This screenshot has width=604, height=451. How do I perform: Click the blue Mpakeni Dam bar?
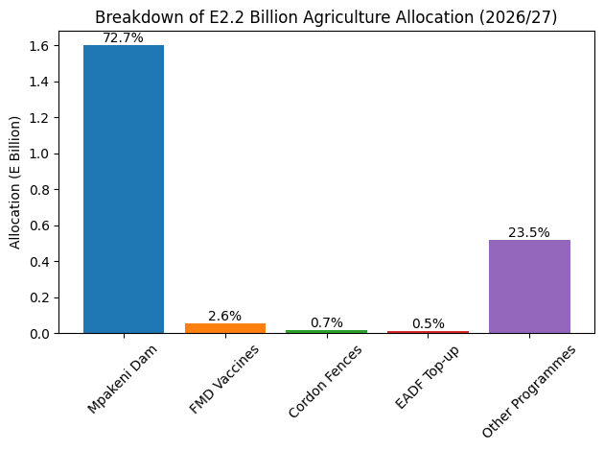124,189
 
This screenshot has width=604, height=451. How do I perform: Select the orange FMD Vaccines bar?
225,328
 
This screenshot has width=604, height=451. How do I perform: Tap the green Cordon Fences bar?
327,332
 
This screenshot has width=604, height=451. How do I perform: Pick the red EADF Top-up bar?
428,332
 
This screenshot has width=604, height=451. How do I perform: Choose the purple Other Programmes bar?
529,287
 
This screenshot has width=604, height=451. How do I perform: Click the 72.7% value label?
124,37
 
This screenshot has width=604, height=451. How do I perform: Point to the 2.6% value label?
225,316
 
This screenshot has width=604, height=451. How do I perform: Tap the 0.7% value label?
327,322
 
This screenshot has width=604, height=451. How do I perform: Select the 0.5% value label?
429,323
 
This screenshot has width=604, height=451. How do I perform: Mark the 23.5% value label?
529,232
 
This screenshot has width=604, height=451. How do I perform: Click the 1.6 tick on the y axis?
39,46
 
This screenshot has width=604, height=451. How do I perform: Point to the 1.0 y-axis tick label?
39,154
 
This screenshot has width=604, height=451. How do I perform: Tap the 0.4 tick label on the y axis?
39,262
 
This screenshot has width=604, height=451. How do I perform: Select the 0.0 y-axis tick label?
39,334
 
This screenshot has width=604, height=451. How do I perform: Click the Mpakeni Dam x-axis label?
123,379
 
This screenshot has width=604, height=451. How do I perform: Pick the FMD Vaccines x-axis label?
224,379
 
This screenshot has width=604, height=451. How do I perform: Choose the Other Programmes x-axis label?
529,391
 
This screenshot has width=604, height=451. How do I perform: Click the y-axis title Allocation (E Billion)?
14,182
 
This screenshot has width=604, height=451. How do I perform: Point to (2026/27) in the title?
518,17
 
